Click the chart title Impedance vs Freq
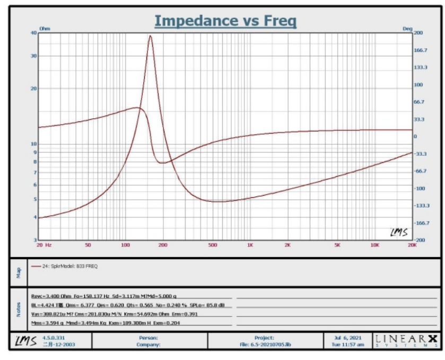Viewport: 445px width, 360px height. [x=225, y=21]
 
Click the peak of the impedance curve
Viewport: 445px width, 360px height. [x=150, y=36]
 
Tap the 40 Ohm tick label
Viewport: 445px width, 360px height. [x=34, y=33]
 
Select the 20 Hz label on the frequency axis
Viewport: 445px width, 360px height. [x=43, y=245]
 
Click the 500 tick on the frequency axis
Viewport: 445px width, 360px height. [x=213, y=245]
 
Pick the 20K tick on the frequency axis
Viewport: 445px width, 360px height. [x=412, y=245]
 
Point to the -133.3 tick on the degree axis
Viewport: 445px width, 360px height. [x=422, y=205]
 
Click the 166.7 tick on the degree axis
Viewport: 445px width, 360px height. [x=421, y=50]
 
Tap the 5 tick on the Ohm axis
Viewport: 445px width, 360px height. [x=35, y=199]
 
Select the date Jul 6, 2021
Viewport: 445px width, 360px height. [x=349, y=337]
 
